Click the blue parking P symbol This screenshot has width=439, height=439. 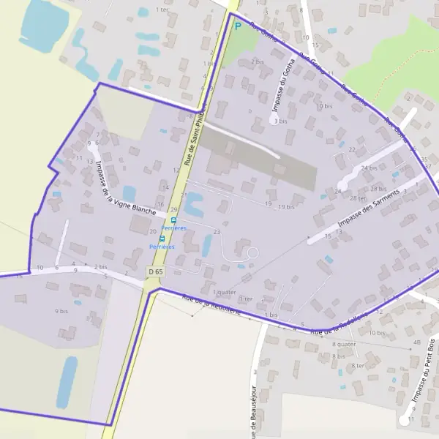[x=237, y=25]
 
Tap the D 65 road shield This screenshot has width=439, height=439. [x=154, y=271]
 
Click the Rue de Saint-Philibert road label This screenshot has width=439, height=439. [x=195, y=133]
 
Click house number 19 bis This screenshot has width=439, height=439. [x=286, y=207]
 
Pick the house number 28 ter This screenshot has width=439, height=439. [x=358, y=198]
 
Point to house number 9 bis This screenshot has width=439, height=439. [x=61, y=311]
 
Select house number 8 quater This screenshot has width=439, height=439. [x=345, y=343]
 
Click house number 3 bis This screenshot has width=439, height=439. [x=280, y=121]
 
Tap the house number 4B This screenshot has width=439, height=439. [x=417, y=342]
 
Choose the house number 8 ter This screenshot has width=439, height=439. [x=358, y=365]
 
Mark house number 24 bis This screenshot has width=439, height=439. [x=369, y=168]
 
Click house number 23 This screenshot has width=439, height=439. [x=217, y=232]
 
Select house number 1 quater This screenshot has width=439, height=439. [x=224, y=292]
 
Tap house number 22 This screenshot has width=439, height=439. [x=352, y=149]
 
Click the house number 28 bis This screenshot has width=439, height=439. [x=378, y=189]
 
